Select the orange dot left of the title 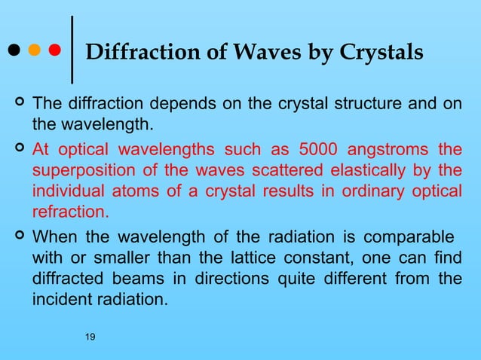coord(33,52)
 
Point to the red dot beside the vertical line coord(54,52)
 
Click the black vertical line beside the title coord(72,50)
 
